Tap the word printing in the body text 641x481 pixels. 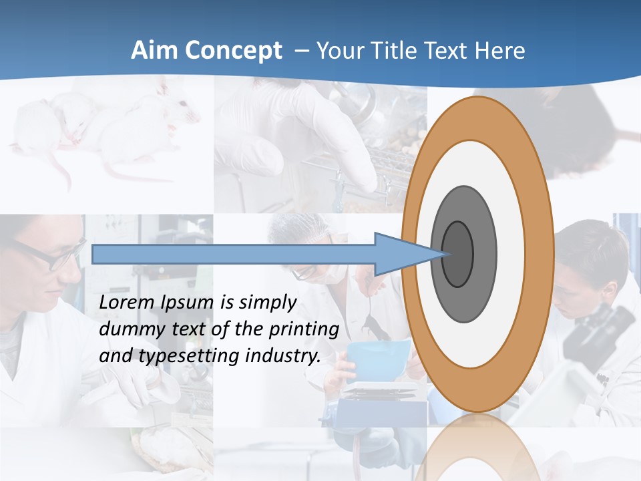coord(304,330)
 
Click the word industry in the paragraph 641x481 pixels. coord(280,355)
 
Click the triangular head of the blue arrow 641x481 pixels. coord(401,254)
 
